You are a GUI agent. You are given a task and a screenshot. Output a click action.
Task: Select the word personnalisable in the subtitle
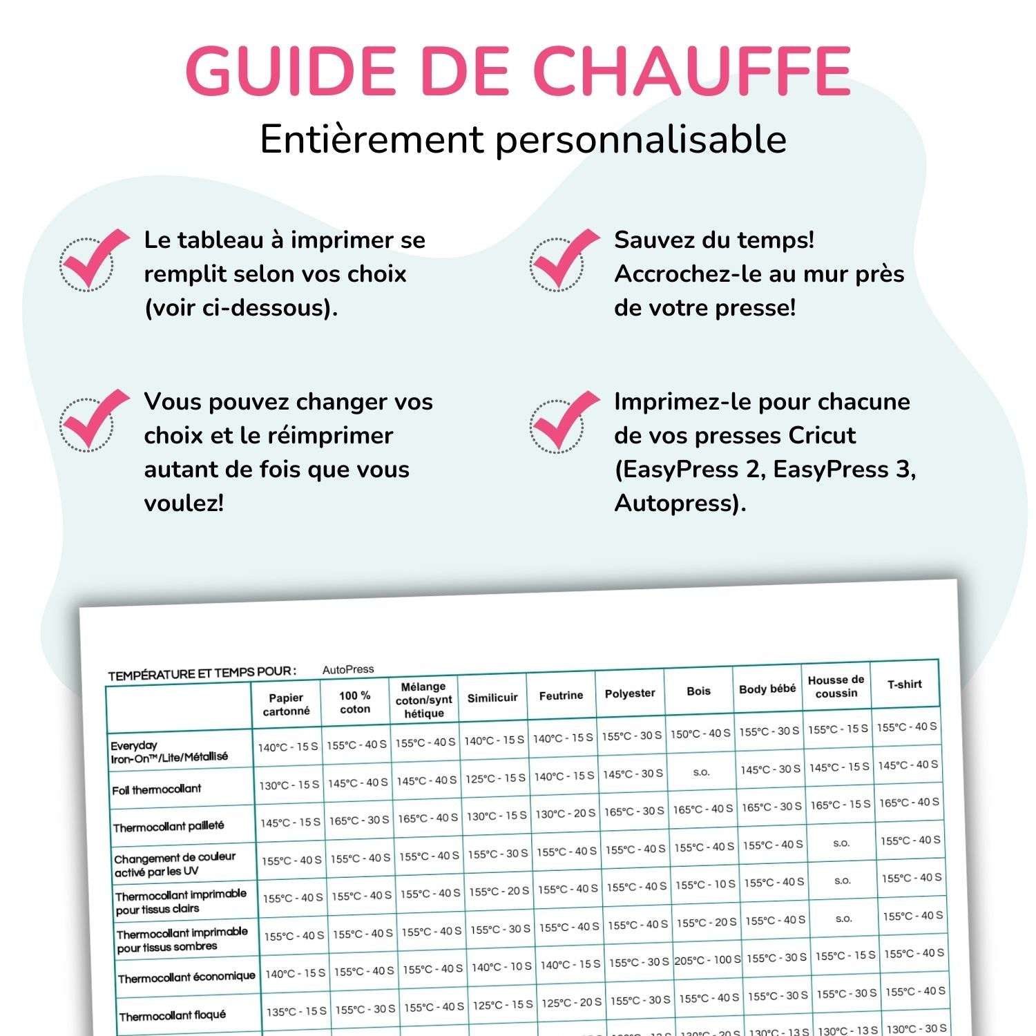point(641,140)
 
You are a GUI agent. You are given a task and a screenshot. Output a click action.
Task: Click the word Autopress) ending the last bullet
point(680,503)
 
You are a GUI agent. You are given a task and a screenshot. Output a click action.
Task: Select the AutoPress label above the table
point(348,669)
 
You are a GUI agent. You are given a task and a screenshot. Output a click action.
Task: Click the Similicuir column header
point(492,698)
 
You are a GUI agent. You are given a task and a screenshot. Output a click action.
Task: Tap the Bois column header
point(698,691)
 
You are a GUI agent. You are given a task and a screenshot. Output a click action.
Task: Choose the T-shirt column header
point(905,684)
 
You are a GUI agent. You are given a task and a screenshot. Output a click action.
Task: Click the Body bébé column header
point(767,689)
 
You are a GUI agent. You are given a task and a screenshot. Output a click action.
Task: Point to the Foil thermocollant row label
point(157,789)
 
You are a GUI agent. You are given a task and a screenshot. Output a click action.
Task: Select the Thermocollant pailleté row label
point(169,827)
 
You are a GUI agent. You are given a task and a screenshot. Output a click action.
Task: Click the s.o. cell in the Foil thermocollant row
point(702,772)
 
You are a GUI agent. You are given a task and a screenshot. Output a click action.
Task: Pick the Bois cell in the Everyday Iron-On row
point(700,733)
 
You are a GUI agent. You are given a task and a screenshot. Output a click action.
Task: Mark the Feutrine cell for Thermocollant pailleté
point(565,814)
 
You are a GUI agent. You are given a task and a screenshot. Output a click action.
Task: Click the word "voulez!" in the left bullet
point(184,503)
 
